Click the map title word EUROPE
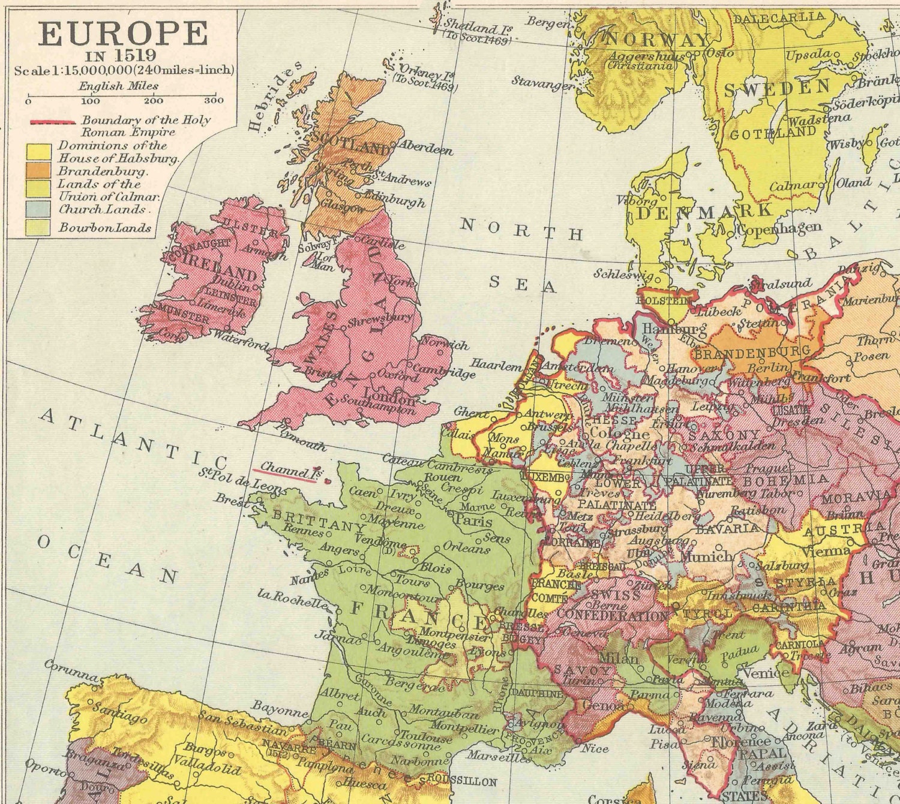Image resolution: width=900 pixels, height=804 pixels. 122,34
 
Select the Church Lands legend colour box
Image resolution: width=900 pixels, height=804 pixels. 37,209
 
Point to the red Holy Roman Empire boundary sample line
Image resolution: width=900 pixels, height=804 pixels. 53,122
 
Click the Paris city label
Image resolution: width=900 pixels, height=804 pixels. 474,520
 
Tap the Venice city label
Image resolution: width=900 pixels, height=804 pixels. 766,673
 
